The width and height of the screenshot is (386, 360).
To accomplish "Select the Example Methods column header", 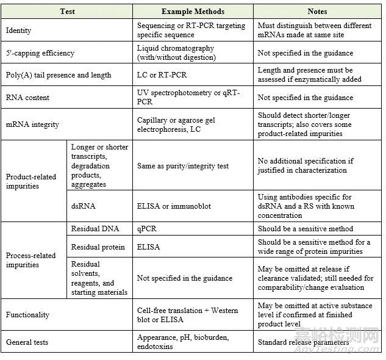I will pos(193,12).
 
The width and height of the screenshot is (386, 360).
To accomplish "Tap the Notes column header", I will pos(317,12).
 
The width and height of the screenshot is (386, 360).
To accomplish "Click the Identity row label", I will pos(19,31).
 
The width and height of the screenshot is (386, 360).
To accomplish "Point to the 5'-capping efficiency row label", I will pos(40,53).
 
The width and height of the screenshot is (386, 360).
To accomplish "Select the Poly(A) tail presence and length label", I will pos(59,75).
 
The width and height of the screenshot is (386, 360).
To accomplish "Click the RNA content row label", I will pos(28,98).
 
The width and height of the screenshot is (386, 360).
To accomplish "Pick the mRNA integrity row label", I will pos(32,124).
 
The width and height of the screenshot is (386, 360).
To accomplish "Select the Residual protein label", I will pos(98,247).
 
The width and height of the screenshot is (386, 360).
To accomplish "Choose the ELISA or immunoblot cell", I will pos(174,206).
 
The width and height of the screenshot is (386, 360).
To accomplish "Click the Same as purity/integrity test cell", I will pos(184,165).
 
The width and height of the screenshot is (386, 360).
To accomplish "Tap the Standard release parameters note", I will pos(303,342).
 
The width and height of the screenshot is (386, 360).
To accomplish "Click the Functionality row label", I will pos(28,315).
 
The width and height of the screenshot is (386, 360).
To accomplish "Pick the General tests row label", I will pos(27,342).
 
